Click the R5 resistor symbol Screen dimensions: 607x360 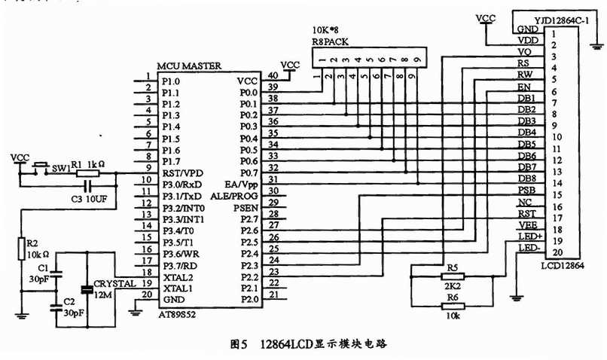coord(453,276)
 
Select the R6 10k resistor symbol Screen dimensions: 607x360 coord(453,307)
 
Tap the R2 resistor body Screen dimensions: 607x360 coord(22,249)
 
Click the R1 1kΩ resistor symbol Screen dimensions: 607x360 coord(87,173)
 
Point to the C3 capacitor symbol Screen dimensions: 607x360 coord(88,187)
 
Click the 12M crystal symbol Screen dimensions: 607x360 coord(87,289)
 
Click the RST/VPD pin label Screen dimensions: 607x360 coord(183,173)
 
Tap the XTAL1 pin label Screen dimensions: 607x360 coord(178,288)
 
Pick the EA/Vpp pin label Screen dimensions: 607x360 coord(241,185)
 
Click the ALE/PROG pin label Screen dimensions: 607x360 coord(233,197)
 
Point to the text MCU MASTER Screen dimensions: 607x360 coord(189,66)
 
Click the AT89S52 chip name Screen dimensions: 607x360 coord(177,315)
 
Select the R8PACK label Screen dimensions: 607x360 coord(330,42)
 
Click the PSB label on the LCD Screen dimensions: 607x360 coord(527,191)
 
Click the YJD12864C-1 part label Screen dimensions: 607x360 coord(561,20)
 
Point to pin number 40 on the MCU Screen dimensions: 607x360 coord(273,75)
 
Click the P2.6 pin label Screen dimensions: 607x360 coord(249,231)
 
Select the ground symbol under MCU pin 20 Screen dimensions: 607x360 coord(135,312)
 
